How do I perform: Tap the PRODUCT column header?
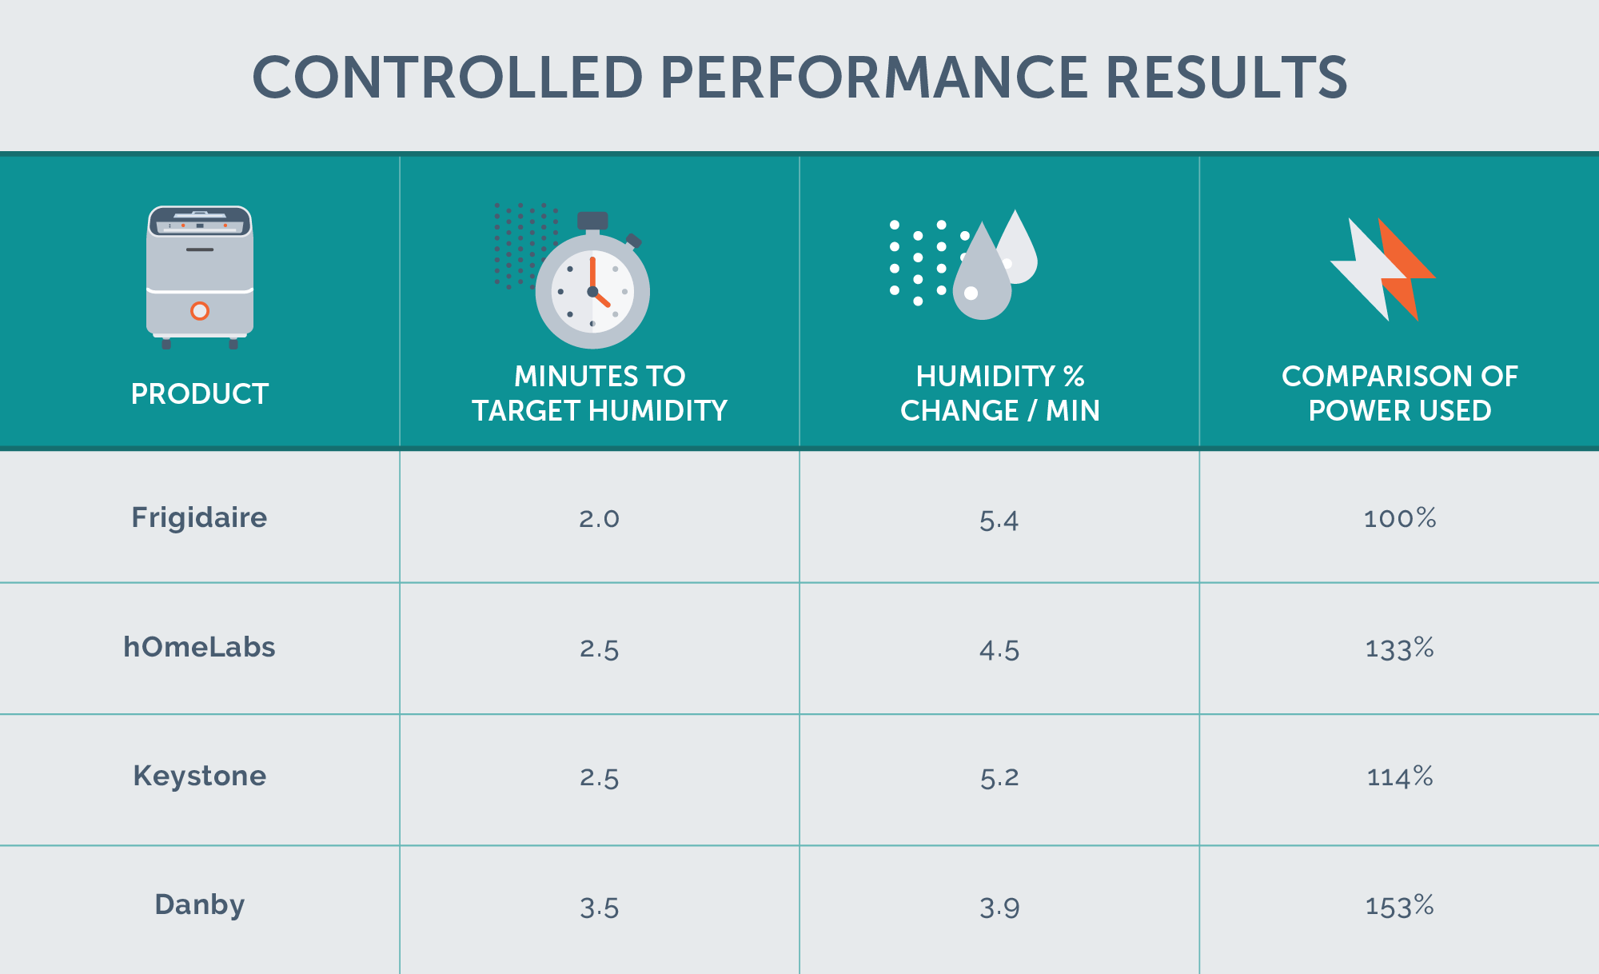point(200,393)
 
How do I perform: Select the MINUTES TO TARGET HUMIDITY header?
point(600,393)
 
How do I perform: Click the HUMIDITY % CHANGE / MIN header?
point(999,393)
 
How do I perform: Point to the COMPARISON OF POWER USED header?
point(1399,393)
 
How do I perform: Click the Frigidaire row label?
point(199,517)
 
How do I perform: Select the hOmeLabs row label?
point(199,647)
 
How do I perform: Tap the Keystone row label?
point(199,776)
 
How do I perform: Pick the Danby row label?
point(199,904)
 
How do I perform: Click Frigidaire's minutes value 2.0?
point(600,519)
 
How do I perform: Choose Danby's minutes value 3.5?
point(600,908)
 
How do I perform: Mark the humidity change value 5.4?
point(999,521)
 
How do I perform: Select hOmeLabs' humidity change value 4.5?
point(999,650)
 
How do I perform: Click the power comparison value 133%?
point(1399,649)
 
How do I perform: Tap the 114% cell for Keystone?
point(1399,776)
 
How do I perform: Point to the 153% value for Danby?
point(1399,906)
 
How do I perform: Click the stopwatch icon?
point(592,288)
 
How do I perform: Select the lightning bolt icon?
point(1383,269)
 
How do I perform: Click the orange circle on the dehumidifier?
point(200,311)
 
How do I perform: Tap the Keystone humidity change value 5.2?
point(999,777)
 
